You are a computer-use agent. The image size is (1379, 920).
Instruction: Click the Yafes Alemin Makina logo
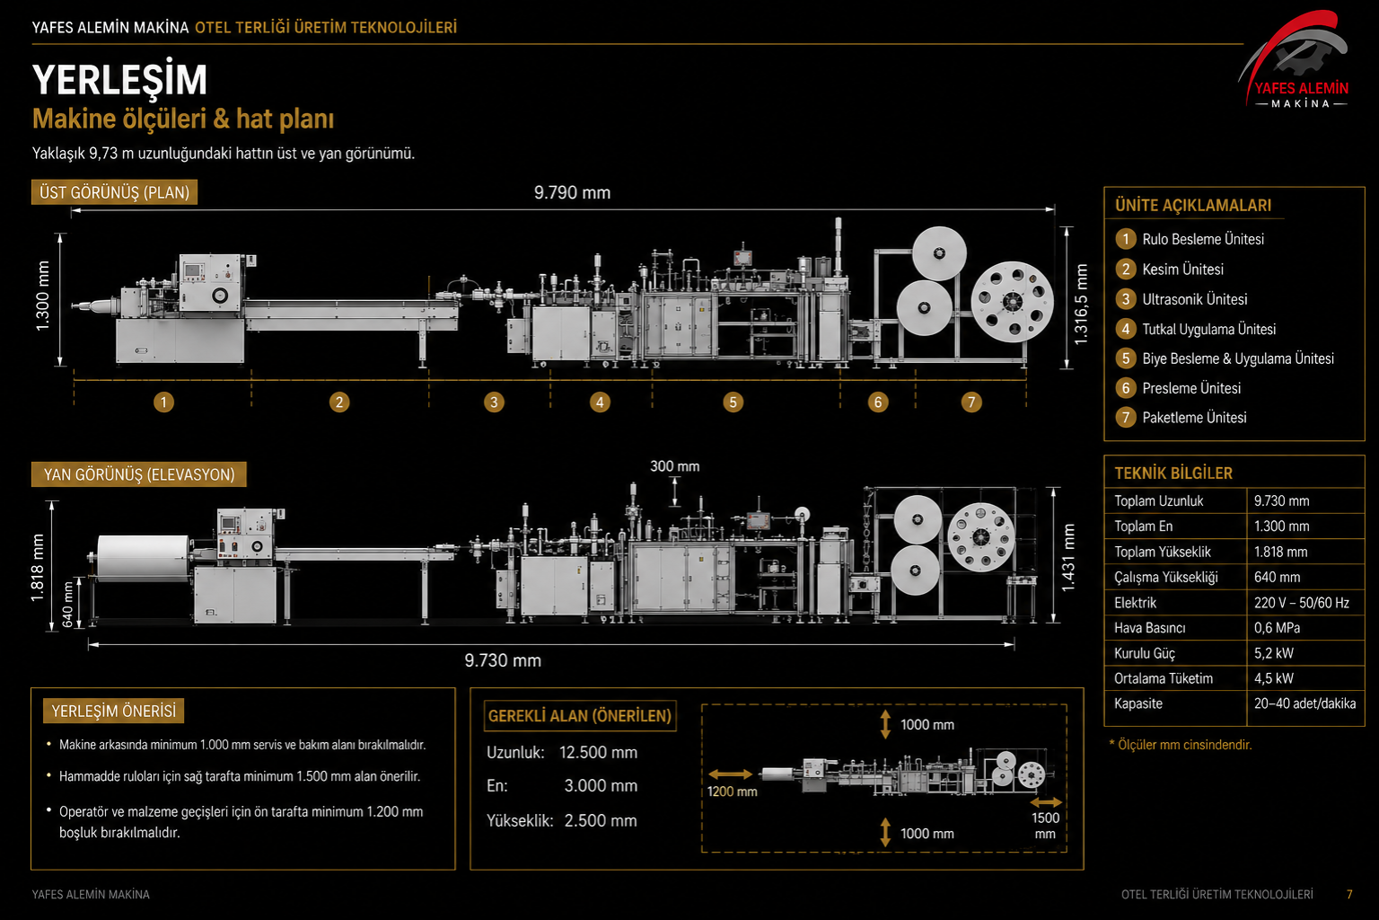coord(1295,60)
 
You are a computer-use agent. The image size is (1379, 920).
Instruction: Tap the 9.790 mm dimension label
coord(572,193)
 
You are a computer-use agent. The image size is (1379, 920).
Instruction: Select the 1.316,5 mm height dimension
coord(1081,304)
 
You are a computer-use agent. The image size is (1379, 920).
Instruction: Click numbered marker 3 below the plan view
coord(494,402)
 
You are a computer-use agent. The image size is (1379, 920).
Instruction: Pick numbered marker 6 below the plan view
coord(878,402)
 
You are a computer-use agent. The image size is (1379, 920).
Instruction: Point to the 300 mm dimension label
coord(675,466)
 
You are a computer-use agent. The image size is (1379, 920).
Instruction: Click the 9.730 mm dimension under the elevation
coord(503,660)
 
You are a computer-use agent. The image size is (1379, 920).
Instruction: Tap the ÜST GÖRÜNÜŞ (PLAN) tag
coord(115,192)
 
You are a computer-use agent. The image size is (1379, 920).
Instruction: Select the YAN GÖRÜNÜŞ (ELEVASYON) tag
coord(139,474)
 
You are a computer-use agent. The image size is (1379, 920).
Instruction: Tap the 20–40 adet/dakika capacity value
coord(1304,703)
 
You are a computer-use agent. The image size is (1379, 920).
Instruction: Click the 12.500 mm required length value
coord(599,752)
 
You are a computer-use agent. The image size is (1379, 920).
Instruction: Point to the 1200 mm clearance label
coord(732,792)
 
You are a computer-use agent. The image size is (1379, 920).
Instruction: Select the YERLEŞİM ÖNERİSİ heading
coord(114,711)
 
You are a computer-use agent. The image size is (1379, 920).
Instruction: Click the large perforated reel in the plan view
coord(1012,301)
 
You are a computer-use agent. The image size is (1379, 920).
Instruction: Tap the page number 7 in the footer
coord(1349,894)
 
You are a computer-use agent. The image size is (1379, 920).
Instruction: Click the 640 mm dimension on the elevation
coord(67,604)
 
